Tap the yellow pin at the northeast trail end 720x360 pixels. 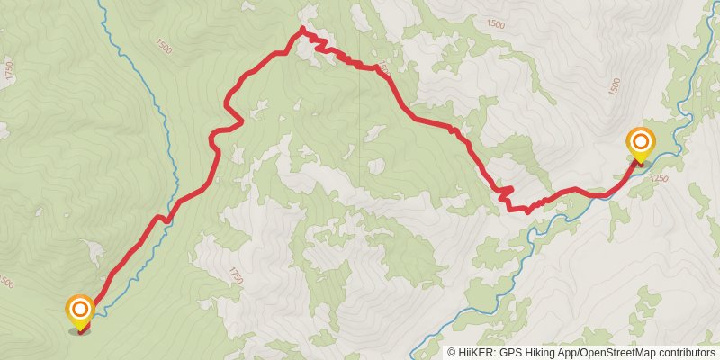(x=641, y=146)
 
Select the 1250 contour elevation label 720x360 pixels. (x=658, y=179)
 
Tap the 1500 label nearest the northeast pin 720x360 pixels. (x=615, y=86)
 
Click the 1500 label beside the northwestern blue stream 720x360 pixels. (x=163, y=43)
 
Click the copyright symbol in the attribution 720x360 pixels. (x=453, y=353)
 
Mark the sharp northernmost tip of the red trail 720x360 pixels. (x=301, y=30)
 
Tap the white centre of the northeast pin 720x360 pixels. (x=641, y=141)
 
